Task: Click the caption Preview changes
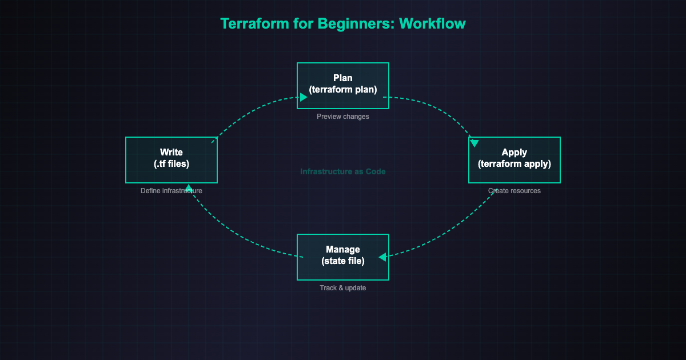click(343, 117)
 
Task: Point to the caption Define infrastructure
click(171, 191)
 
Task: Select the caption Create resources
click(514, 191)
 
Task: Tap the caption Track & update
click(343, 288)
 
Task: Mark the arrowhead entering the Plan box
click(304, 98)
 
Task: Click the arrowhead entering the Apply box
click(474, 142)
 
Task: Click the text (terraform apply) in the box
click(514, 164)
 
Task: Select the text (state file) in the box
click(343, 261)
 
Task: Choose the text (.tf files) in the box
click(171, 164)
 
